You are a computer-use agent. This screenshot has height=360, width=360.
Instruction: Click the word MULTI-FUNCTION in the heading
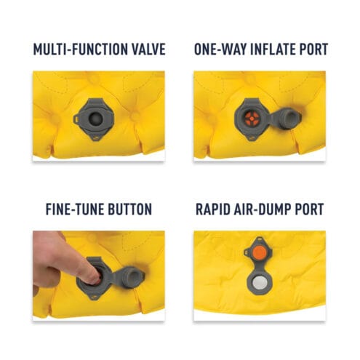[80, 49]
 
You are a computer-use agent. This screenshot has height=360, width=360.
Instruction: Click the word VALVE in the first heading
[148, 49]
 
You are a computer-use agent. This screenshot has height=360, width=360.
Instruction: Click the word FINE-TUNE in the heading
[75, 209]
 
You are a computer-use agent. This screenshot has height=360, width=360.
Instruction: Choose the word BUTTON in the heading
[130, 209]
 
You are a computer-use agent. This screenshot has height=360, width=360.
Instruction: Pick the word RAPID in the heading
[212, 209]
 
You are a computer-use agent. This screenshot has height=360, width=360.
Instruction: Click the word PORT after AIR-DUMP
[309, 209]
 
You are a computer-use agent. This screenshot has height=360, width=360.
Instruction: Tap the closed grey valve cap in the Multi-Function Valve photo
[95, 119]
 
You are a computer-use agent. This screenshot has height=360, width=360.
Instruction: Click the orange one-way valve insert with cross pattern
[252, 119]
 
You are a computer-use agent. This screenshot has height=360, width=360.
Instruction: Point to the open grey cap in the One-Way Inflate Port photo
[290, 119]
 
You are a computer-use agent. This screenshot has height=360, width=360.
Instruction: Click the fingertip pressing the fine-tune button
[95, 278]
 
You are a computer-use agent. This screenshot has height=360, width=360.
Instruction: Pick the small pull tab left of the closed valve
[76, 119]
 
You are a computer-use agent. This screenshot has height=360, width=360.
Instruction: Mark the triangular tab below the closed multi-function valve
[96, 137]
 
